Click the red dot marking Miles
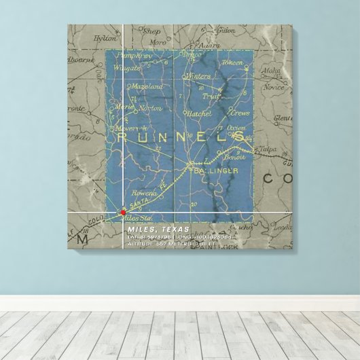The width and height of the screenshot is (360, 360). click(123, 212)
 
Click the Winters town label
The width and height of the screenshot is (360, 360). click(198, 76)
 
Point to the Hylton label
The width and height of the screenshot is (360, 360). click(105, 39)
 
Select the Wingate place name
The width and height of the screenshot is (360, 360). click(128, 68)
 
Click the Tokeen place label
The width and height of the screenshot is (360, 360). click(232, 62)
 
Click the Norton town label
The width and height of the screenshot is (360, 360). click(150, 108)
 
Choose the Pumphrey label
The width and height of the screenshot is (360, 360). click(133, 54)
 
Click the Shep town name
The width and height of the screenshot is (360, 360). click(151, 31)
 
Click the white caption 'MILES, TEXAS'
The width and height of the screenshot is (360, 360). click(158, 230)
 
